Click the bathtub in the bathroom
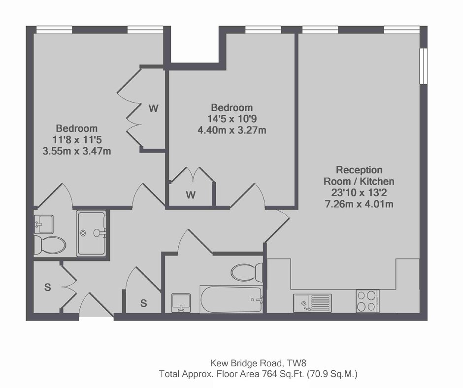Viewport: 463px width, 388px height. pyautogui.click(x=231, y=299)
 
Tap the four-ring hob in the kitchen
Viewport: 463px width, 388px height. pyautogui.click(x=367, y=300)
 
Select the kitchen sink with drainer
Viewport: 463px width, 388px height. pyautogui.click(x=312, y=303)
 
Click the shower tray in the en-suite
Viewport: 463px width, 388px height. pyautogui.click(x=91, y=233)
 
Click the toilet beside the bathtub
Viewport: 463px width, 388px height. pyautogui.click(x=247, y=272)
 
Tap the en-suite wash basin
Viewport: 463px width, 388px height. pyautogui.click(x=44, y=224)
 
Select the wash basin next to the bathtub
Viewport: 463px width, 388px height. pyautogui.click(x=181, y=303)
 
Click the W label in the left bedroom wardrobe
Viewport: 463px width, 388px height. pyautogui.click(x=153, y=108)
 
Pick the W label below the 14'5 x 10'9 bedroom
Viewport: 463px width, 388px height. pyautogui.click(x=191, y=194)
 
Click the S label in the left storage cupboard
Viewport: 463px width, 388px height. pyautogui.click(x=48, y=287)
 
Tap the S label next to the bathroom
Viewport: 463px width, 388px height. pyautogui.click(x=143, y=303)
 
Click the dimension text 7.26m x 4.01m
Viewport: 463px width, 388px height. pyautogui.click(x=359, y=204)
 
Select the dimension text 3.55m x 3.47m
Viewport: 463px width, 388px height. pyautogui.click(x=77, y=151)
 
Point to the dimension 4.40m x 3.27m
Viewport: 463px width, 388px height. pyautogui.click(x=232, y=130)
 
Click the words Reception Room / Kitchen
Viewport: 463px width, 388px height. pyautogui.click(x=359, y=175)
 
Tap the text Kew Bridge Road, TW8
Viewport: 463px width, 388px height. pyautogui.click(x=256, y=362)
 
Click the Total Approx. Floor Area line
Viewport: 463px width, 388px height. pyautogui.click(x=259, y=374)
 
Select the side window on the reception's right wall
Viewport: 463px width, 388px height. pyautogui.click(x=424, y=66)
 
